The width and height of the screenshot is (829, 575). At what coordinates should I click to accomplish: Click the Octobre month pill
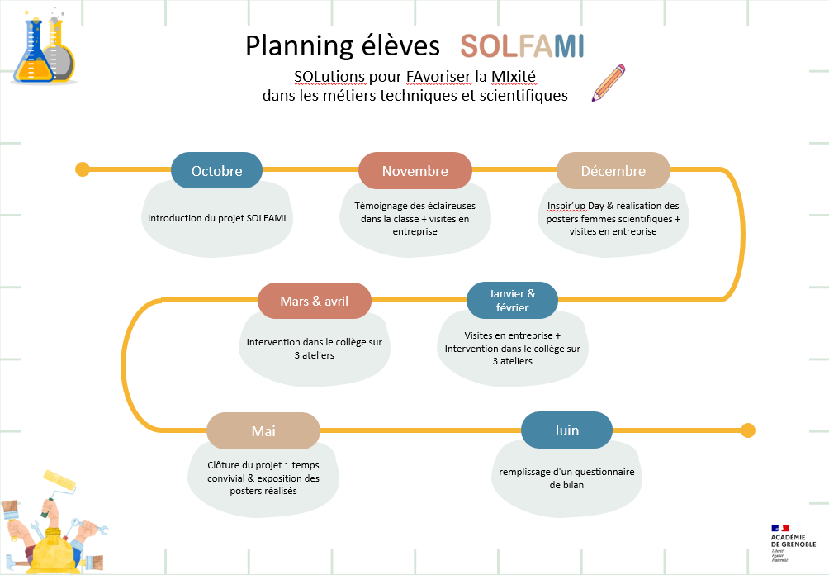point(217,170)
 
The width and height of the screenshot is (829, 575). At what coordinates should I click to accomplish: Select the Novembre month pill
point(415,170)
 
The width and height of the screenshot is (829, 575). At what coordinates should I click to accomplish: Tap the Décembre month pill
point(613,170)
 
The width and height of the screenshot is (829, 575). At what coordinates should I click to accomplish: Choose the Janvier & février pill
point(512,300)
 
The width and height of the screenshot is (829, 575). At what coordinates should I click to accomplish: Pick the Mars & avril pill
point(315,301)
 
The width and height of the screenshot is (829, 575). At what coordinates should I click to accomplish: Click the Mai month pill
point(263,430)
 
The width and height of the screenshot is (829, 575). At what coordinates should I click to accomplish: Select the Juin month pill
point(566,430)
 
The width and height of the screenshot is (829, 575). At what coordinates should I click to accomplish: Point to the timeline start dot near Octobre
point(83,169)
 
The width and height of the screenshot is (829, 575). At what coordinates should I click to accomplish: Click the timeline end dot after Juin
point(747,430)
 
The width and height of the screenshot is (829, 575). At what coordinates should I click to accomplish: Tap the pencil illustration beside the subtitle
point(609,83)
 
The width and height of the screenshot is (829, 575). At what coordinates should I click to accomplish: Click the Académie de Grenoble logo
point(793,543)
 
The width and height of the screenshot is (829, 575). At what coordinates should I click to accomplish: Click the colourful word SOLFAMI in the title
point(522,46)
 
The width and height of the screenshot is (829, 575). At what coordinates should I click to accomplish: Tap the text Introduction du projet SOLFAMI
point(217,218)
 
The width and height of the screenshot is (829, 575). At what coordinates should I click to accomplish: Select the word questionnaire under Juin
point(605,472)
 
